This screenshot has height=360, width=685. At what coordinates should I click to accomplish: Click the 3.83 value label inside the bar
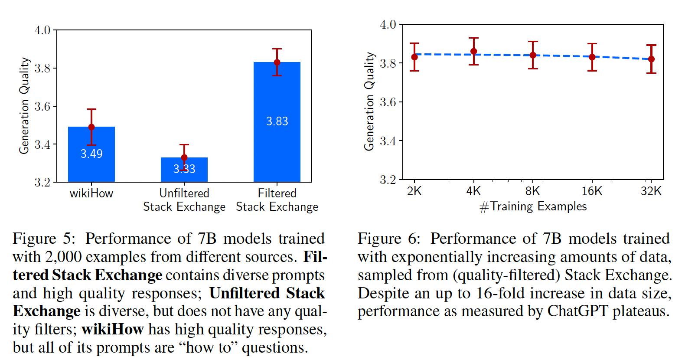point(277,121)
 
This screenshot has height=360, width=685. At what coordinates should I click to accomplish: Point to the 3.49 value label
point(91,154)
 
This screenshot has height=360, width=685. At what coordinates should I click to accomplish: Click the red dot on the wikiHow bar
point(91,127)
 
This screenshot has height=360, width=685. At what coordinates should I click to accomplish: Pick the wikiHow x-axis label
point(91,193)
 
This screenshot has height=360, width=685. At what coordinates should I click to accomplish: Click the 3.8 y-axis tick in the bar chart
point(42,68)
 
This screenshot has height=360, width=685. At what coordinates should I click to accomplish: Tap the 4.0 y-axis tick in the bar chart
point(42,30)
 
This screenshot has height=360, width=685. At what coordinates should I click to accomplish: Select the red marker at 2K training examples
point(414,57)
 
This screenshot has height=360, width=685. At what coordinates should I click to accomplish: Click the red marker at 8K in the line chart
point(533,55)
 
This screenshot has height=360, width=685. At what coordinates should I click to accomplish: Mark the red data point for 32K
point(651,59)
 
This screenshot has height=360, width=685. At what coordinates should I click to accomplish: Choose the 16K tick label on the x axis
point(592,191)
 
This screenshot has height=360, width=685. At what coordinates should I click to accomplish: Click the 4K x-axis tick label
point(473,191)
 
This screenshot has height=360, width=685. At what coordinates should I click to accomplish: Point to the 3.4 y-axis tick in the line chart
point(388,141)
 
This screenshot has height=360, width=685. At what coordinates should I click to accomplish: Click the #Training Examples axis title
point(533,206)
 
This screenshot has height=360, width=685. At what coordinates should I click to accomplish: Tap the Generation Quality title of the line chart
point(369,101)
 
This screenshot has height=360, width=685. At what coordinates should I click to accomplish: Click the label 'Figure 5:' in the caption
point(44,239)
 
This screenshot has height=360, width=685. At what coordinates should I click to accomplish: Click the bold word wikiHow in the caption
point(112,329)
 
